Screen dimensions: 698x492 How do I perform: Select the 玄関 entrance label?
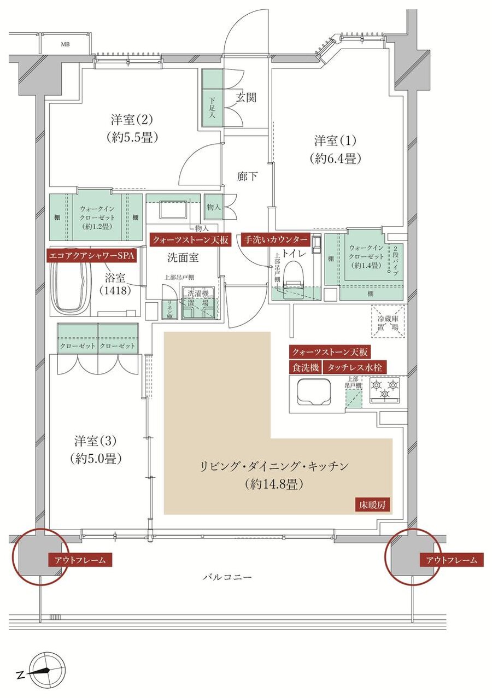246,98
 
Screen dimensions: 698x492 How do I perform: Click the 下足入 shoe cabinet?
212,108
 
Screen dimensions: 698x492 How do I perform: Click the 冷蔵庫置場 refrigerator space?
388,320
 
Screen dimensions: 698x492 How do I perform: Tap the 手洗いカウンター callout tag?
276,239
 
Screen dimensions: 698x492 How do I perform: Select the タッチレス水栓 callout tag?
355,368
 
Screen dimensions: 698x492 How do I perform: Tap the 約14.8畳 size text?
274,484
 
